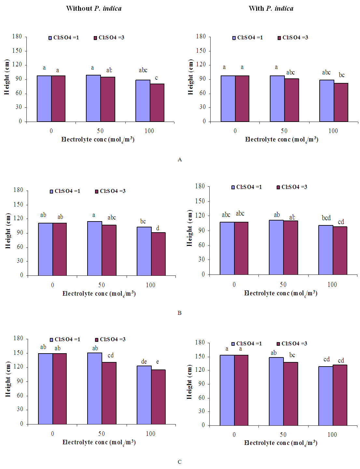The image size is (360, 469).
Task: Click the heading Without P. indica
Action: [x=94, y=8]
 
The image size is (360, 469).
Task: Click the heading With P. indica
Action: [x=271, y=8]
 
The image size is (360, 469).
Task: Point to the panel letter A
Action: [x=180, y=159]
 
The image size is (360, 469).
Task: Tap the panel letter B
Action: [x=179, y=313]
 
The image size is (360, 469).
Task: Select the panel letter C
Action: [x=179, y=462]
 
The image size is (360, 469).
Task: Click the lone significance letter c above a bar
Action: [x=156, y=78]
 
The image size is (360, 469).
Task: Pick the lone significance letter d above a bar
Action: [x=158, y=228]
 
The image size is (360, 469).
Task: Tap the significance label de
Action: [x=144, y=361]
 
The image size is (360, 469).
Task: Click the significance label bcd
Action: [x=326, y=218]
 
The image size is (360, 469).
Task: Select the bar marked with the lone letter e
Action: [x=158, y=397]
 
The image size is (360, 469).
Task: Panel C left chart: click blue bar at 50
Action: [x=94, y=388]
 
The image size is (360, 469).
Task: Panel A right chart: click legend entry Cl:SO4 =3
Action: [x=293, y=38]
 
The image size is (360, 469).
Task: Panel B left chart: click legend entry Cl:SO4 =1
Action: [x=65, y=191]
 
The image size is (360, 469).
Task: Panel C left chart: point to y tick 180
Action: [x=18, y=339]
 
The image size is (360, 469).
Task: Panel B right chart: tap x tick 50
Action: [x=283, y=285]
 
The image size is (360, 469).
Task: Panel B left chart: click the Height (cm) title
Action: [x=8, y=231]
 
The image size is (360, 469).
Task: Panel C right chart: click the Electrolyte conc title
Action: [x=281, y=443]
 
